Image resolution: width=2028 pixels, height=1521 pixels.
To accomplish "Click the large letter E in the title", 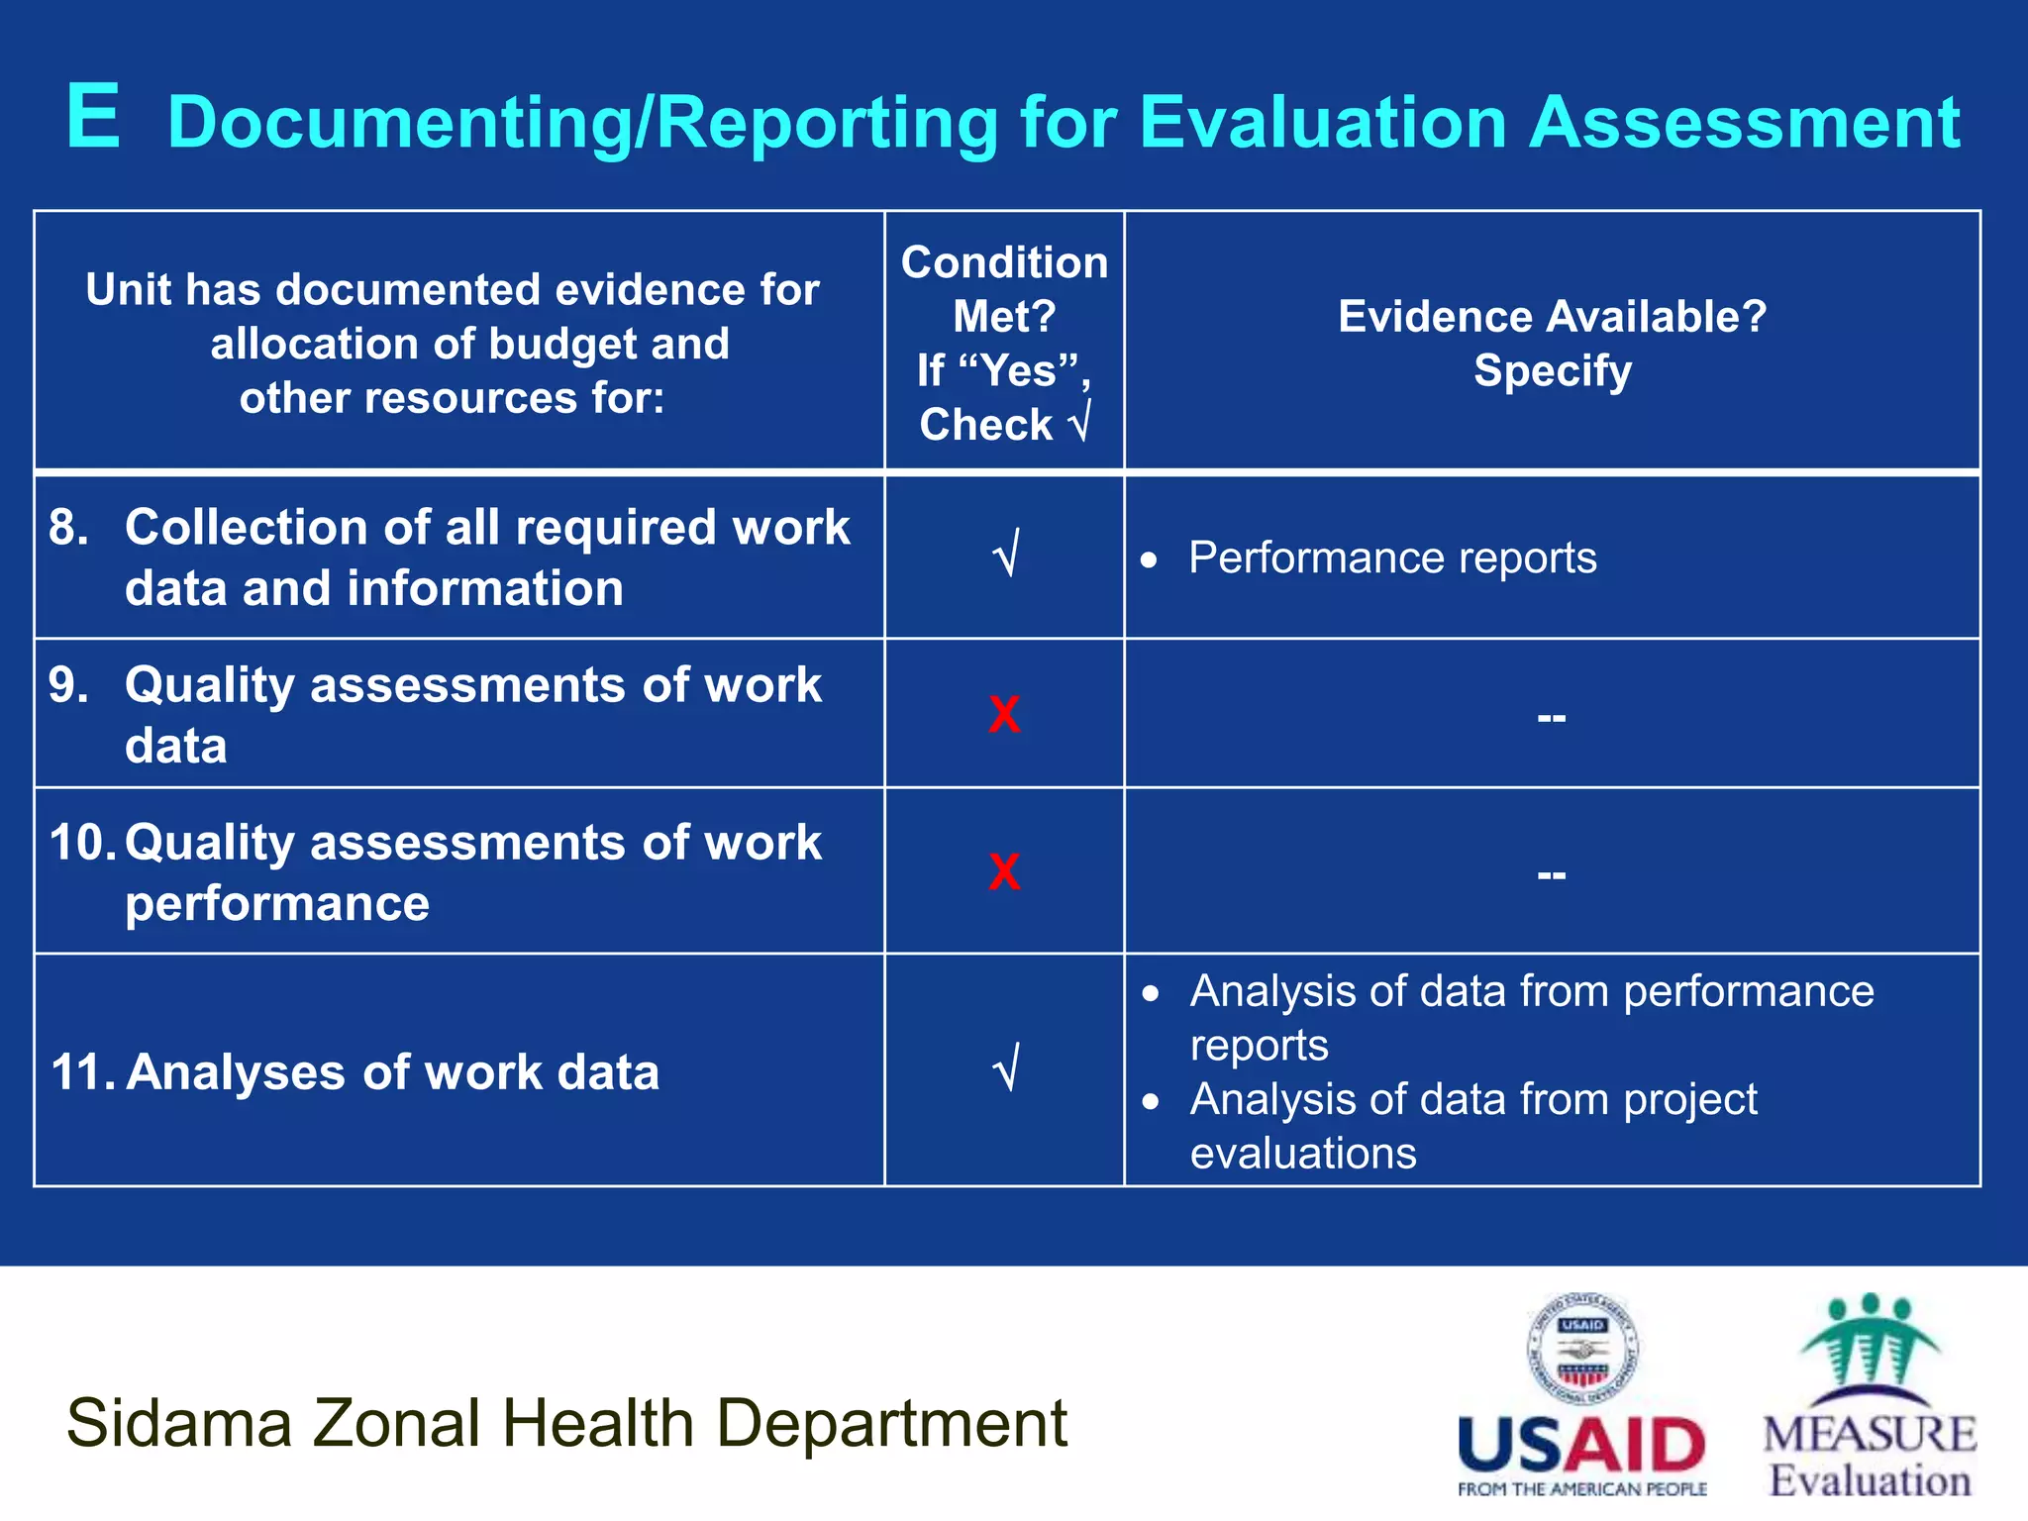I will (x=94, y=118).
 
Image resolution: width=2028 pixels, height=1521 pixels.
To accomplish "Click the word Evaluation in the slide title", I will (x=1323, y=123).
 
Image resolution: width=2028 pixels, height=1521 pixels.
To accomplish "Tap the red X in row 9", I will (x=1004, y=714).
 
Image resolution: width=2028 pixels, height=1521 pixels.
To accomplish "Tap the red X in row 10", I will (x=1004, y=872).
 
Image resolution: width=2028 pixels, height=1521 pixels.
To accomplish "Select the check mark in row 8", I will (x=1006, y=555).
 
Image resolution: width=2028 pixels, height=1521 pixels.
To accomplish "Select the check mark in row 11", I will (x=1006, y=1069).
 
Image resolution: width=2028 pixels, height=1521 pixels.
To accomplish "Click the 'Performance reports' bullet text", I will (x=1392, y=558).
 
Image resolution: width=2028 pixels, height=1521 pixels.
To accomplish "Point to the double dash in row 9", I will (x=1552, y=717).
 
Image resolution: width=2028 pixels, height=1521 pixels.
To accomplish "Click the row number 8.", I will (x=67, y=527).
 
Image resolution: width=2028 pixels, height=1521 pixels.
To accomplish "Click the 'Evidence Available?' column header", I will (x=1552, y=317).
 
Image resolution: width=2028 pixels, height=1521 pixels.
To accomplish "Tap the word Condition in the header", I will (x=1004, y=263).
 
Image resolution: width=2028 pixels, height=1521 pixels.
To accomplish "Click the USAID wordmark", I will (x=1581, y=1445).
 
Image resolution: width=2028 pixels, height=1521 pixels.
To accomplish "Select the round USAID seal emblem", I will (x=1582, y=1350).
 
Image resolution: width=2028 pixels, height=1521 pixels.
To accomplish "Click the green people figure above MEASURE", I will (x=1869, y=1342).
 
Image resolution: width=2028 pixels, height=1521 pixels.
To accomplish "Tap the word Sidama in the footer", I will (x=179, y=1424).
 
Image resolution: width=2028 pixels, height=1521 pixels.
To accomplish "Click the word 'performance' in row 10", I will (x=277, y=904).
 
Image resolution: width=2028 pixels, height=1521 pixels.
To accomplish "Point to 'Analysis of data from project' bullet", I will (x=1473, y=1100).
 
